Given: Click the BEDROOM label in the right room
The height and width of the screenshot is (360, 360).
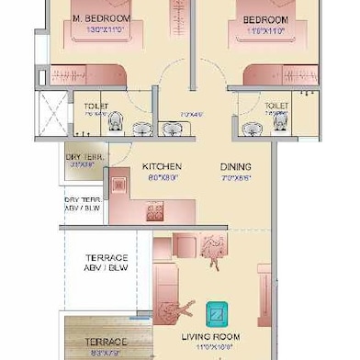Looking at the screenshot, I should coord(264,19).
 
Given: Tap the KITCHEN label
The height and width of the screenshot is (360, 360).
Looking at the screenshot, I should coord(161,167).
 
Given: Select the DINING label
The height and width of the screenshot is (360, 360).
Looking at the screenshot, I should coord(235,167).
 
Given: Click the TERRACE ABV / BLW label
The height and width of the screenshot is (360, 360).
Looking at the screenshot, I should coord(107,264).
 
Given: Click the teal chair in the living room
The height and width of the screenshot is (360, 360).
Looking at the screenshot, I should coord(219,314).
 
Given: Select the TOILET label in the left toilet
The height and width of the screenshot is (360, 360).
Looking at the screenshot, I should coord(96,107).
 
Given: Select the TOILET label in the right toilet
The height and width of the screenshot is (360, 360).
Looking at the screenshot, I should coord(276,107).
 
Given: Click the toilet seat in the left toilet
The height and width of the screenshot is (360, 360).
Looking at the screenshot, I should coord(115,121).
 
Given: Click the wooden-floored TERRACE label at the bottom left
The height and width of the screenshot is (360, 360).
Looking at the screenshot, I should coord(107,342).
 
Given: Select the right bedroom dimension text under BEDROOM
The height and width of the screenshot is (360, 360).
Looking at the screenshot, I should coord(264,30).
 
